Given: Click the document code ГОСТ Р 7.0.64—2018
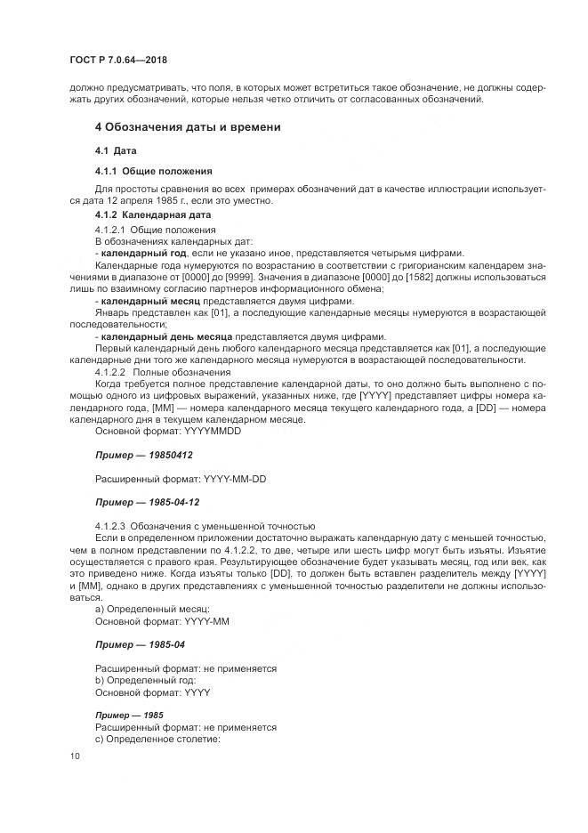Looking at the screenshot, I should click(117, 60).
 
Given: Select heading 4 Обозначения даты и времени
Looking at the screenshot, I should click(188, 127).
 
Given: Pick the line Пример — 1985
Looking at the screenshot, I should click(128, 715).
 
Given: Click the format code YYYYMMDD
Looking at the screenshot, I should click(212, 431).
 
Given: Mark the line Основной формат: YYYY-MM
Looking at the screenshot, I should click(157, 619).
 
